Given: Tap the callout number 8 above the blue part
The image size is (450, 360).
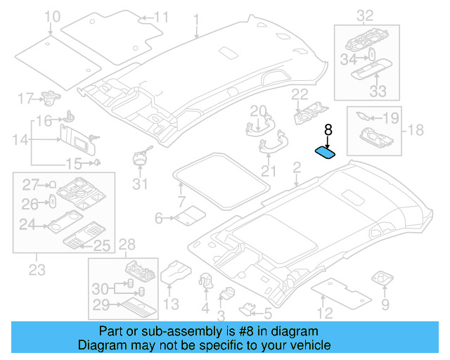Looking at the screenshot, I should [x=327, y=130].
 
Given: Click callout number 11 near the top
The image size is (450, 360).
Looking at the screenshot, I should [x=161, y=16].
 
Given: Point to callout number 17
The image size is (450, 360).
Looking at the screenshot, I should [x=25, y=98].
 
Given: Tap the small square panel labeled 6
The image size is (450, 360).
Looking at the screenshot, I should [x=188, y=217].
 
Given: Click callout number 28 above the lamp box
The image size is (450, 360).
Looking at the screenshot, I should [x=127, y=245].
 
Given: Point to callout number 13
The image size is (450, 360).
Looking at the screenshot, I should [x=171, y=303].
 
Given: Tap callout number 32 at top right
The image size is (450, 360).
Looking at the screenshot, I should [x=365, y=15].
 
